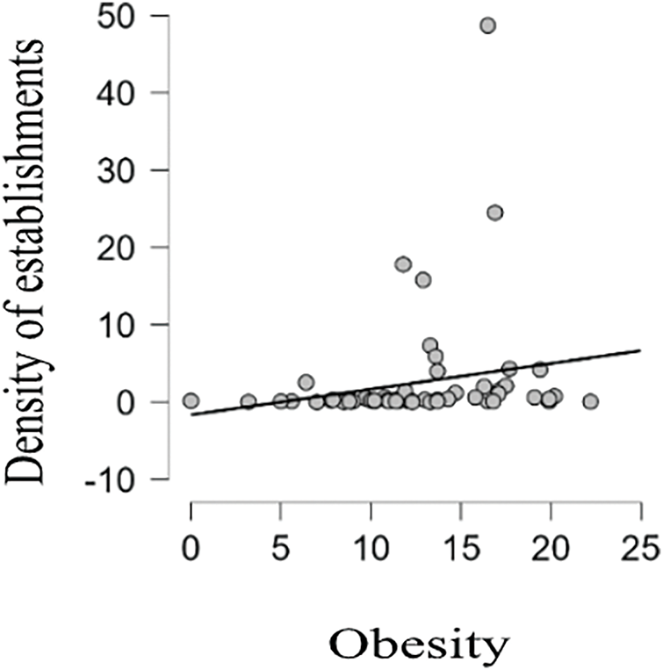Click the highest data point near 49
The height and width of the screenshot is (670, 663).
487,25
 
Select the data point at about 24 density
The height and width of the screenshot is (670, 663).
495,213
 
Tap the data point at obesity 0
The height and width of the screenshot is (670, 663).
191,400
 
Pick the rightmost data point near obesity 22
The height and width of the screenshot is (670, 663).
590,401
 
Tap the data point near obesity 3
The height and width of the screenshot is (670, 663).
249,401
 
